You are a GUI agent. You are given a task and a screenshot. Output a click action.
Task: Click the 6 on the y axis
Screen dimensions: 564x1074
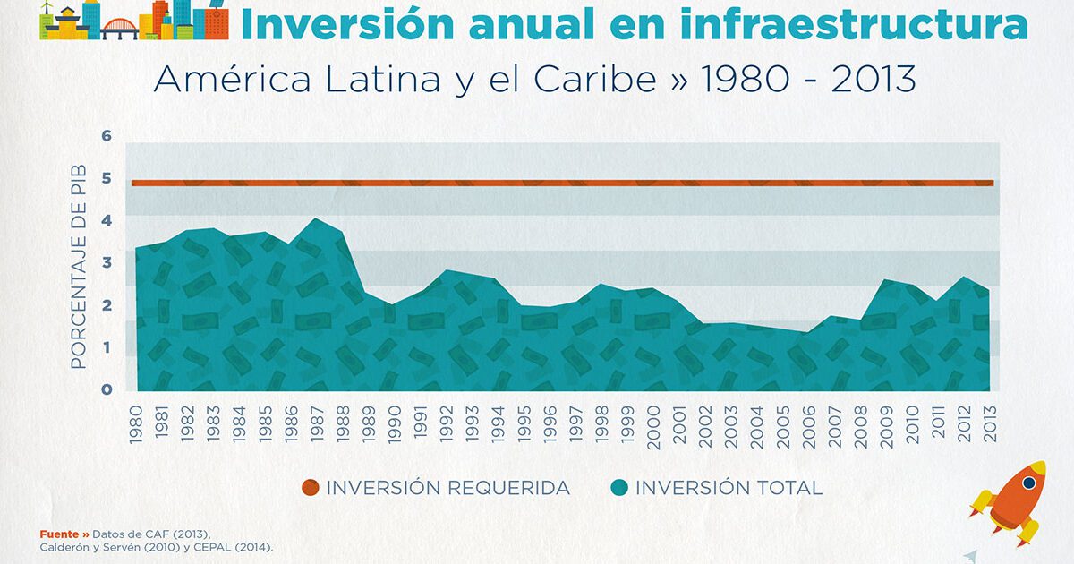pyautogui.click(x=107, y=136)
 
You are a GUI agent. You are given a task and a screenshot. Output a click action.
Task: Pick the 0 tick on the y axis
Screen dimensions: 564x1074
pyautogui.click(x=107, y=389)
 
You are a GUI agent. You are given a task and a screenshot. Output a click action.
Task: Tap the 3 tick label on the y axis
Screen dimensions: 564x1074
pyautogui.click(x=107, y=263)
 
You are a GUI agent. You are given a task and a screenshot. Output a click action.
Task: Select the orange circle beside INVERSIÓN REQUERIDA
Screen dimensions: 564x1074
pyautogui.click(x=310, y=488)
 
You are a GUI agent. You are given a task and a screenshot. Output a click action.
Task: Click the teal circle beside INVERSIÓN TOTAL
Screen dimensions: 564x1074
pyautogui.click(x=618, y=488)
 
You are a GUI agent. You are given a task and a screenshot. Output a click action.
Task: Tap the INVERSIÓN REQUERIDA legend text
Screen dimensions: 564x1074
pyautogui.click(x=447, y=488)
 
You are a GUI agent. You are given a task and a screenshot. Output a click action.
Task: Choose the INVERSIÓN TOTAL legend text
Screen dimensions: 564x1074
pyautogui.click(x=729, y=488)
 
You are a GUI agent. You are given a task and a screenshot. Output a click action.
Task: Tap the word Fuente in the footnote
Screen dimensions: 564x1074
pyautogui.click(x=58, y=534)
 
